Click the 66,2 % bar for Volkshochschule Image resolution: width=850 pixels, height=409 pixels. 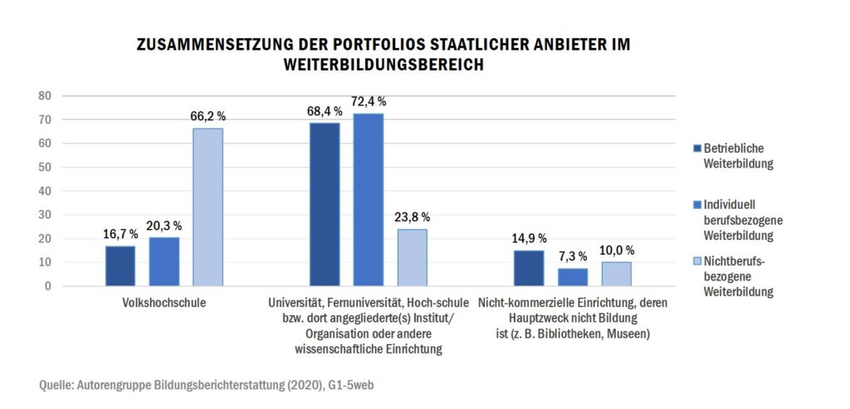click(208, 207)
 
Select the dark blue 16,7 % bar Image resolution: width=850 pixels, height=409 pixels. click(120, 265)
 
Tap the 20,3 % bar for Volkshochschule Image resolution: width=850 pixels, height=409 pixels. click(164, 261)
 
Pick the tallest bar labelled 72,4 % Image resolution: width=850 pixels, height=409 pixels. click(368, 199)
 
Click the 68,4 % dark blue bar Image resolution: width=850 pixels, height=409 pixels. click(324, 204)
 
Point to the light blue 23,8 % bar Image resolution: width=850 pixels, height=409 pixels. click(412, 257)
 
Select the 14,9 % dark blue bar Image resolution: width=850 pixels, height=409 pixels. click(528, 268)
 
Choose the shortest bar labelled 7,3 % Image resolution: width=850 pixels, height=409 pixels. click(572, 277)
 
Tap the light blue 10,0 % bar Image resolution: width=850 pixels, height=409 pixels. click(616, 274)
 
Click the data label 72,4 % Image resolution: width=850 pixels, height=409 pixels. click(369, 101)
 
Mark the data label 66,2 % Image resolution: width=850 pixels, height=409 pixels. click(208, 116)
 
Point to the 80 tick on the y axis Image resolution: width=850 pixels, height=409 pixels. click(45, 96)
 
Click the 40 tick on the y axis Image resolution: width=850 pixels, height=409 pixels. click(45, 192)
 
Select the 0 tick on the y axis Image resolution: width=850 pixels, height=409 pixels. click(49, 286)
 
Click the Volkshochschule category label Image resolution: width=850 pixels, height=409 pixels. click(164, 303)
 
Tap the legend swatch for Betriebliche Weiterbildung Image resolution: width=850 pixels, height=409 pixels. click(696, 149)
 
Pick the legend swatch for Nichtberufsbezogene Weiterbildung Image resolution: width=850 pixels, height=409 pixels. click(696, 262)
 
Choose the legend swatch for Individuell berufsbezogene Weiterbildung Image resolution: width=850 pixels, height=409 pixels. click(696, 204)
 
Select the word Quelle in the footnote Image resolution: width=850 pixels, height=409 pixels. click(56, 386)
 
